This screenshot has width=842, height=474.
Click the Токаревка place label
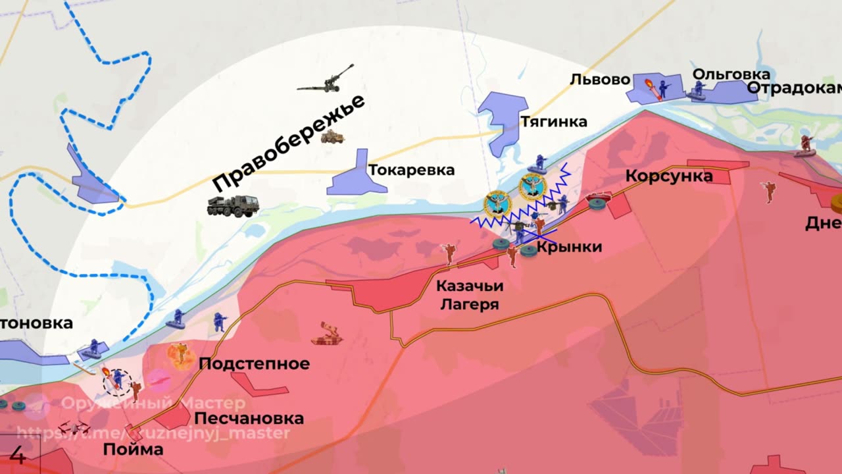pos(411,171)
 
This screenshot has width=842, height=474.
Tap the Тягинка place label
pos(553,122)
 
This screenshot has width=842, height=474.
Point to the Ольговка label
pos(731,74)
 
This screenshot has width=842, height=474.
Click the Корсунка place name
pos(669,176)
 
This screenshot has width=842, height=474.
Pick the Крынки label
pos(569,247)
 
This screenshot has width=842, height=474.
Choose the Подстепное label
pos(254,364)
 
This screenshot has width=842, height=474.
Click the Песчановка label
pos(249,418)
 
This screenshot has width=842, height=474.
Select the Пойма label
pos(133,450)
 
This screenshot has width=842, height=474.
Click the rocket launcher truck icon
pos(233,205)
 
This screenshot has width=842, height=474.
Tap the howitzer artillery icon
pos(326,79)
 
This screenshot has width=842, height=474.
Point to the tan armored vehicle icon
pos(333,137)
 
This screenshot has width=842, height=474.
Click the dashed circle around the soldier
pos(118,381)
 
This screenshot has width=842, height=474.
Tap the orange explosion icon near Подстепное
pos(180,355)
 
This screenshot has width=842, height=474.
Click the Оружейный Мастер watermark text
pos(153,404)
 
